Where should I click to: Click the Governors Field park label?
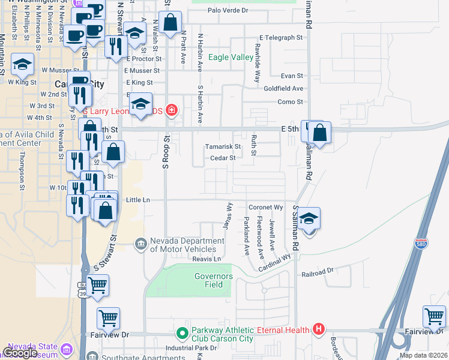tap(213, 280)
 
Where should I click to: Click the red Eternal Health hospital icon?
tap(319, 329)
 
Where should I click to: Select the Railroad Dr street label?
tap(318, 272)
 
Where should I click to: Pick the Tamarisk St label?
tap(222, 146)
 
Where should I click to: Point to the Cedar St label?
tap(222, 158)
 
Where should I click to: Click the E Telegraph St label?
tap(280, 37)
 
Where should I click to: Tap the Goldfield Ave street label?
tap(283, 88)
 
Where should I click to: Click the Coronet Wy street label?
tap(265, 207)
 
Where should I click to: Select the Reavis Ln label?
tap(207, 259)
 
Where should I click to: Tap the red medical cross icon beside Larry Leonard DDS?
tap(172, 110)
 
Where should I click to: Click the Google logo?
tap(20, 352)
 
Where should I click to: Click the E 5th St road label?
tap(289, 128)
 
